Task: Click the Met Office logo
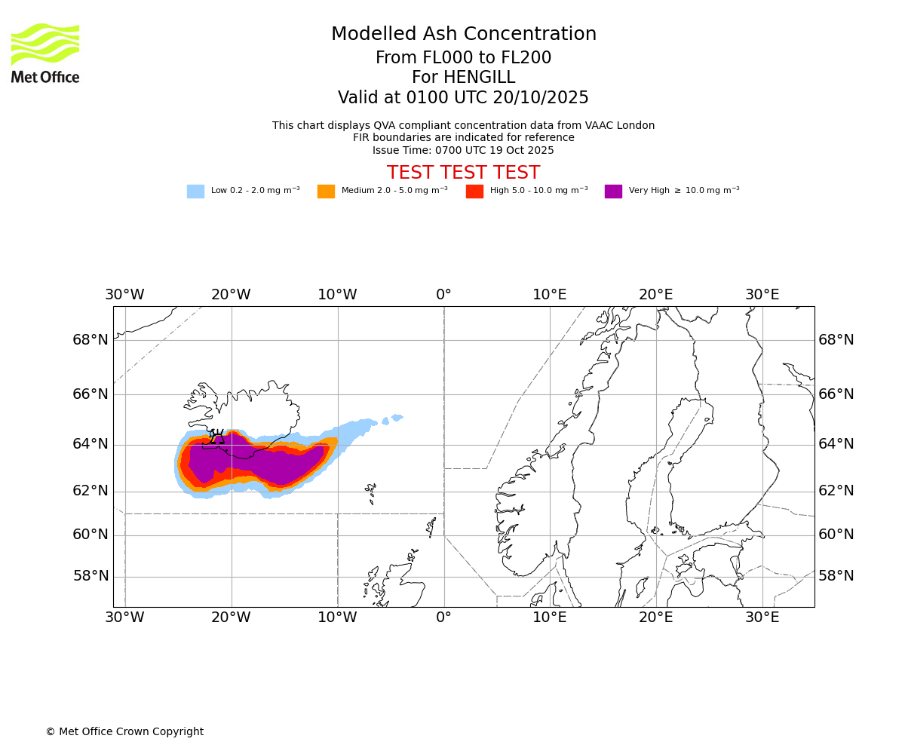click(x=45, y=53)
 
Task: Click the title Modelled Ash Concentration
click(x=463, y=35)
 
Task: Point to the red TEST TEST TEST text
click(x=463, y=173)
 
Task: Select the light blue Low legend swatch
click(x=195, y=192)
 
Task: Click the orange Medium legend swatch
click(x=326, y=192)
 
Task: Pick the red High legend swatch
click(x=474, y=192)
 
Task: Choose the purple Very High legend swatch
click(x=613, y=192)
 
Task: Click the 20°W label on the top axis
click(x=231, y=294)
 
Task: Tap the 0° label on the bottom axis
click(x=443, y=618)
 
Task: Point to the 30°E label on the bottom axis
click(x=762, y=618)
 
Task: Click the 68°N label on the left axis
click(x=90, y=340)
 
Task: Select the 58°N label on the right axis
click(x=836, y=576)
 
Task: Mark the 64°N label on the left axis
click(x=90, y=443)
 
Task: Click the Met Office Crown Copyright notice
click(x=124, y=731)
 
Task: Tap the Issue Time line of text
click(x=463, y=150)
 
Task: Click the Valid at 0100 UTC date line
click(x=463, y=98)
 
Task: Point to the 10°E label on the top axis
click(x=549, y=294)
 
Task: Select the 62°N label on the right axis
click(x=836, y=491)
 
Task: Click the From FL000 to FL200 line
click(x=463, y=58)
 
